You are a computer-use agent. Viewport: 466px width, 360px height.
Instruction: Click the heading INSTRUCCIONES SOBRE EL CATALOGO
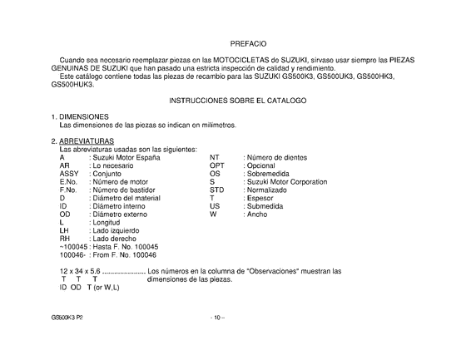click(x=238, y=100)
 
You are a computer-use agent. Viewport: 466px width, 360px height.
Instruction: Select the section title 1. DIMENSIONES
click(x=80, y=116)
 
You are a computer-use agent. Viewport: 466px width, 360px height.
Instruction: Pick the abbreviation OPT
click(x=217, y=165)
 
